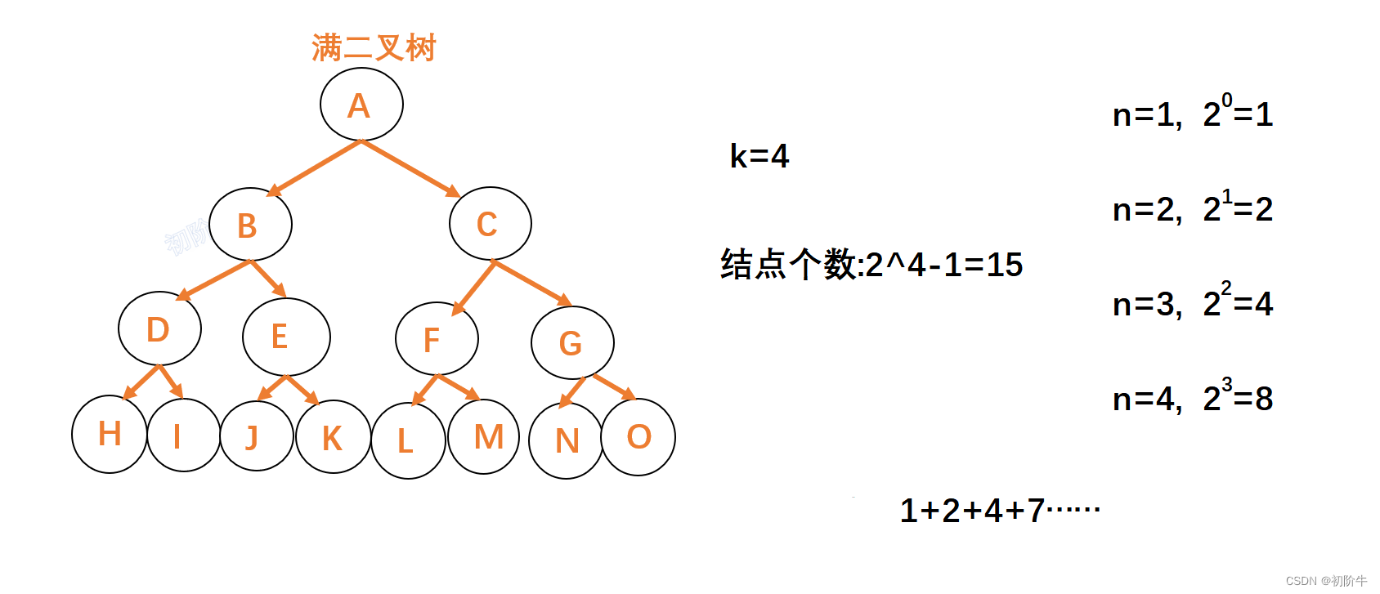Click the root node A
coord(361,105)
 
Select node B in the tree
coord(250,225)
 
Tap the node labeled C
coord(490,224)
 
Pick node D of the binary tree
coord(159,328)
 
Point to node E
coord(286,337)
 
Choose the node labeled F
coord(437,339)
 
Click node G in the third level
coord(572,343)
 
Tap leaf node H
coord(110,434)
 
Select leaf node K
coord(333,437)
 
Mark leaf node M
coord(484,437)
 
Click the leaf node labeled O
coord(638,437)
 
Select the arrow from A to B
coord(314,168)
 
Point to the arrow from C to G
coord(532,283)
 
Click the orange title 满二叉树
coord(374,48)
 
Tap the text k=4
coord(759,156)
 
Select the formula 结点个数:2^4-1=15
coord(871,265)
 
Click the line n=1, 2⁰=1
coord(1192,113)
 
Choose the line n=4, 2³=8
coord(1192,397)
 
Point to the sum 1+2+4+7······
coord(999,511)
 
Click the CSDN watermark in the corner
coord(1325,581)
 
